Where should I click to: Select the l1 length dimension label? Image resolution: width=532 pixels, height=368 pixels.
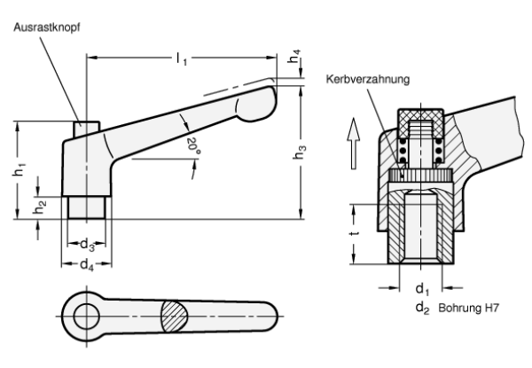[182, 59]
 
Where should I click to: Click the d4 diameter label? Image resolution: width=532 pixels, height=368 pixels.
[86, 264]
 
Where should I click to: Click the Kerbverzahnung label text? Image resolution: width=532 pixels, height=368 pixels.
[366, 81]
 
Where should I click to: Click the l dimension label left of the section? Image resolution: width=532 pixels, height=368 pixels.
[356, 235]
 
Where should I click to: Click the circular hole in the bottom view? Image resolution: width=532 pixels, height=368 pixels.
[87, 316]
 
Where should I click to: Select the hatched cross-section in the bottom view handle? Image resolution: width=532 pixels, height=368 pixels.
[173, 316]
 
